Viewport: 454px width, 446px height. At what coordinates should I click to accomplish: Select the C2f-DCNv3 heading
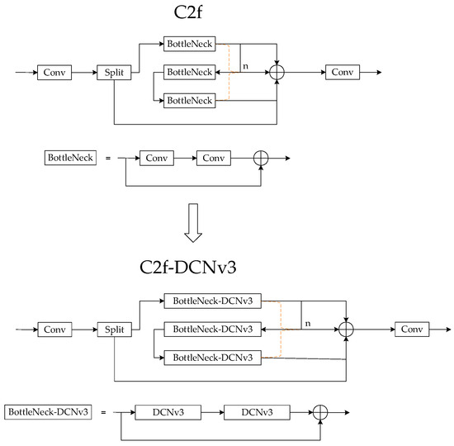[192, 268]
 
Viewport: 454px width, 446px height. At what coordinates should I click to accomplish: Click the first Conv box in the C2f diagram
[55, 74]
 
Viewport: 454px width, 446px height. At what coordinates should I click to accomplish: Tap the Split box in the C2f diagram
[116, 74]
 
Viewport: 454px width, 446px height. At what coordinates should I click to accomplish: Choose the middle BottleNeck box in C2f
[189, 74]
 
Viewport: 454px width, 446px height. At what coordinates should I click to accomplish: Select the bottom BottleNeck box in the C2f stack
[189, 100]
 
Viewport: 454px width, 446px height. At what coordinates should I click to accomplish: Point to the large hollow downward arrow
[192, 224]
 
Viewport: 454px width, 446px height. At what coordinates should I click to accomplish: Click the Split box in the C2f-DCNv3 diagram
[116, 329]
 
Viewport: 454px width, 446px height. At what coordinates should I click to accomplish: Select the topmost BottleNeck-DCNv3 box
[212, 301]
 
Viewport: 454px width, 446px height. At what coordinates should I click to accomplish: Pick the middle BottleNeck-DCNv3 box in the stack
[212, 329]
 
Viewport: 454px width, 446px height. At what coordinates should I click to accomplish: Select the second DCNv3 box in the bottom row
[256, 410]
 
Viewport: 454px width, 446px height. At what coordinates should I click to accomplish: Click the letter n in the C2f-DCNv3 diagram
[308, 323]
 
